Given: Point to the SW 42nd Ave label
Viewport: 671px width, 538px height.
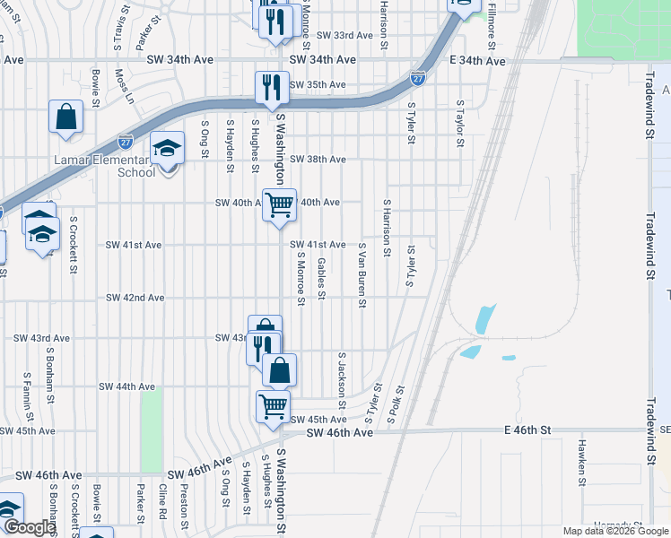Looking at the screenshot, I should pyautogui.click(x=135, y=298).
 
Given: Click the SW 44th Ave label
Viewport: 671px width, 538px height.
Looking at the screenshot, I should pyautogui.click(x=126, y=386).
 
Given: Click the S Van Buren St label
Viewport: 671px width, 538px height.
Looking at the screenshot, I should pyautogui.click(x=362, y=274).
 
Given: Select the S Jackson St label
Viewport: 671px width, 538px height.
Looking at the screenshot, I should pyautogui.click(x=342, y=380).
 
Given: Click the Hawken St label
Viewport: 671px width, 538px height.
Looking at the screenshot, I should pyautogui.click(x=582, y=457).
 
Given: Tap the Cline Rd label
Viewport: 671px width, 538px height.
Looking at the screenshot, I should pyautogui.click(x=162, y=501).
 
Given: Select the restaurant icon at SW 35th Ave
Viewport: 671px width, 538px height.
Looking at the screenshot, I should pyautogui.click(x=272, y=88).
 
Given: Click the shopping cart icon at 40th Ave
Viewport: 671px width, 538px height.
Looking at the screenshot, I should pyautogui.click(x=279, y=204).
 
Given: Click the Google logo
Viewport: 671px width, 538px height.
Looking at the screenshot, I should pyautogui.click(x=30, y=528).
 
